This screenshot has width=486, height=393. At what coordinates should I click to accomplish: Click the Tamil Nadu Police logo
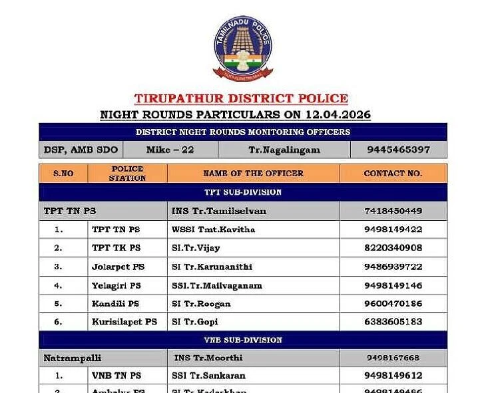pyautogui.click(x=242, y=49)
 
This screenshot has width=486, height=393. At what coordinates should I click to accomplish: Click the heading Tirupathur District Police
pyautogui.click(x=241, y=98)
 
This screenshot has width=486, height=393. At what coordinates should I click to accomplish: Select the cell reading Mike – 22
pyautogui.click(x=170, y=150)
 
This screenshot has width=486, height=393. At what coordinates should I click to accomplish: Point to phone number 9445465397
pyautogui.click(x=398, y=150)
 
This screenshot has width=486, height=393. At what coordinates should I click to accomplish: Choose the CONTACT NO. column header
pyautogui.click(x=393, y=174)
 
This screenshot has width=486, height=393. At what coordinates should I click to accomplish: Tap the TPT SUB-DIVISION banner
pyautogui.click(x=242, y=192)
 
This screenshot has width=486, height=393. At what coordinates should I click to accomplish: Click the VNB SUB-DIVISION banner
pyautogui.click(x=242, y=340)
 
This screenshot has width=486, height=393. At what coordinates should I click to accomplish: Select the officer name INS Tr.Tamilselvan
pyautogui.click(x=219, y=211)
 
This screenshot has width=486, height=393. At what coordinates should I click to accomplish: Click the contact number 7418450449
pyautogui.click(x=393, y=211)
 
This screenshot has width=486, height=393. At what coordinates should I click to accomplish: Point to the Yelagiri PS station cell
pyautogui.click(x=117, y=285)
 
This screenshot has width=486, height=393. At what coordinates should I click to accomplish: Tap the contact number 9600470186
pyautogui.click(x=393, y=303)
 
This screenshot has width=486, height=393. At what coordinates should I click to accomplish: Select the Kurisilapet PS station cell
pyautogui.click(x=124, y=322)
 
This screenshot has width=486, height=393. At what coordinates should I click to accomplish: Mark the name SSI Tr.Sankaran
pyautogui.click(x=208, y=376)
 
